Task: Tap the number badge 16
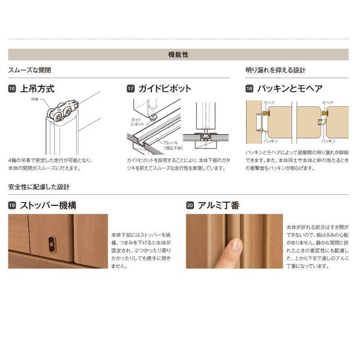pyautogui.click(x=12, y=89)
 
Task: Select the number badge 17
pyautogui.click(x=130, y=89)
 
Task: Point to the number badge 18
pyautogui.click(x=250, y=89)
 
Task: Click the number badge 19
pyautogui.click(x=12, y=206)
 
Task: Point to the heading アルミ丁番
pyautogui.click(x=219, y=206)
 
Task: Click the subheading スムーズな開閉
pyautogui.click(x=29, y=70)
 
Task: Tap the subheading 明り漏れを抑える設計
pyautogui.click(x=275, y=70)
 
